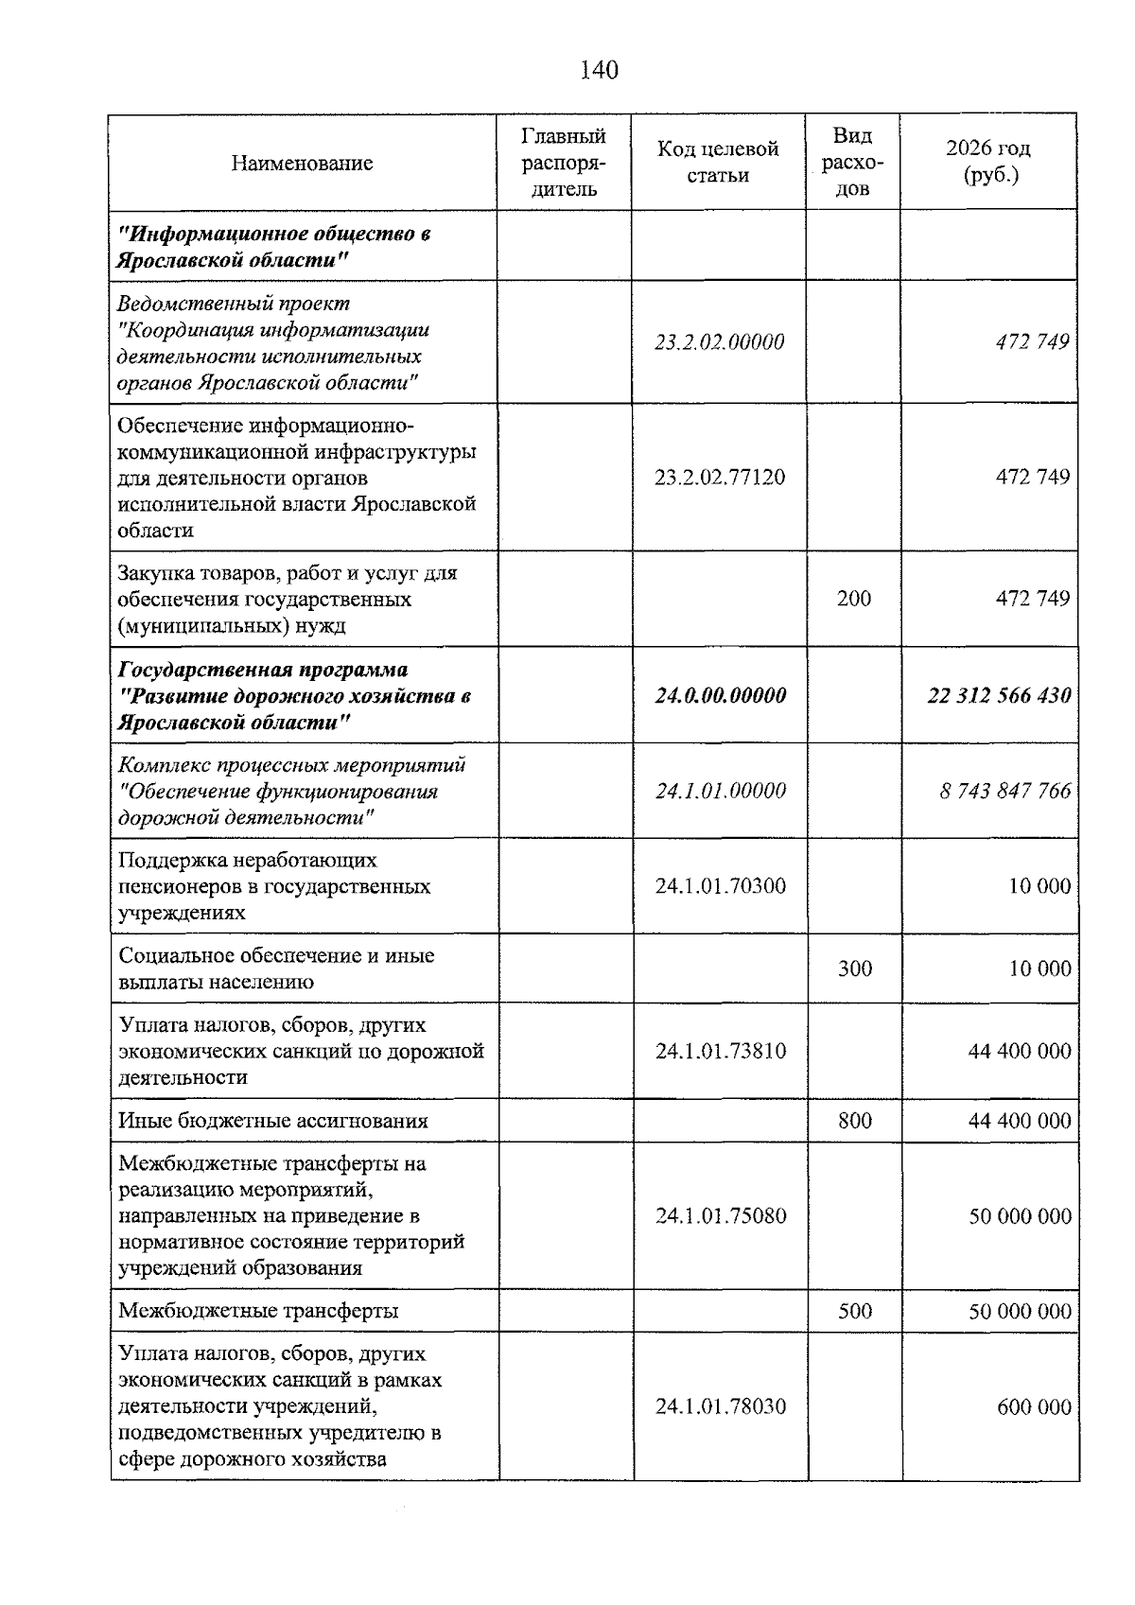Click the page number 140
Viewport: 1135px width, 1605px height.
pyautogui.click(x=599, y=70)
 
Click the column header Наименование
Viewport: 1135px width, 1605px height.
pyautogui.click(x=302, y=163)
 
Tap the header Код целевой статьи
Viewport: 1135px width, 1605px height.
pyautogui.click(x=718, y=162)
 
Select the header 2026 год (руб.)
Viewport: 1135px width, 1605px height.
pyautogui.click(x=988, y=162)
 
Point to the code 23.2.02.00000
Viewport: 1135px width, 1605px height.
pyautogui.click(x=719, y=342)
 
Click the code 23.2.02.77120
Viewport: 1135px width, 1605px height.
pyautogui.click(x=719, y=477)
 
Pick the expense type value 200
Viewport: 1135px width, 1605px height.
pyautogui.click(x=853, y=599)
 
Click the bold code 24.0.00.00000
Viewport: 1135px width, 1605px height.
pyautogui.click(x=720, y=696)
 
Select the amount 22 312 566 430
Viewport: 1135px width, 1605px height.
pyautogui.click(x=999, y=696)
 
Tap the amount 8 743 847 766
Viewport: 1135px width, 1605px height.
pyautogui.click(x=1004, y=791)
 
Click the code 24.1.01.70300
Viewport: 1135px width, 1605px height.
pyautogui.click(x=720, y=886)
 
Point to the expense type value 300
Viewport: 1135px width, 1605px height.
pyautogui.click(x=854, y=968)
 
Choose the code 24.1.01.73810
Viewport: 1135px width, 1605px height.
pyautogui.click(x=720, y=1051)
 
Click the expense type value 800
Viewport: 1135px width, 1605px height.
pyautogui.click(x=854, y=1121)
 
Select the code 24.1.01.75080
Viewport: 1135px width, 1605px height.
pyautogui.click(x=720, y=1215)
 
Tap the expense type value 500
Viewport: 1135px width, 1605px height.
pyautogui.click(x=854, y=1311)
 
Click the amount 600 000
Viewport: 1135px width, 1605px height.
pyautogui.click(x=1033, y=1406)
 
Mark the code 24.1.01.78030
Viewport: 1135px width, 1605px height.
pyautogui.click(x=720, y=1406)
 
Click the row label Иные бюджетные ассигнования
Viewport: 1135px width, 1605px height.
pyautogui.click(x=272, y=1121)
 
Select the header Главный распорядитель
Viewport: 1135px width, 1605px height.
pyautogui.click(x=564, y=162)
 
